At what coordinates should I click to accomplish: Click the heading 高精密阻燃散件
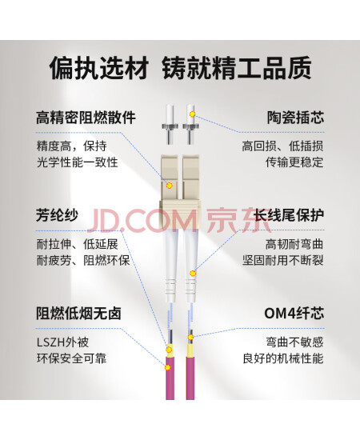[x=86, y=118]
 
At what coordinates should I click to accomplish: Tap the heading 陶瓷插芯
[x=295, y=118]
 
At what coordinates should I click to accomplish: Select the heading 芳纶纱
[x=57, y=215]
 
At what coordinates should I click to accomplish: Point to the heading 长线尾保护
[x=289, y=215]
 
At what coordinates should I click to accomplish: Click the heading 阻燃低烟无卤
[x=78, y=313]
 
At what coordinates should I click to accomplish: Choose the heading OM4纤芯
[x=294, y=313]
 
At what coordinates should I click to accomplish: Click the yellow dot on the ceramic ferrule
[x=192, y=114]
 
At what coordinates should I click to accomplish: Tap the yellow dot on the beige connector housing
[x=169, y=186]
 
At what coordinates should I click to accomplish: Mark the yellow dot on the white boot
[x=193, y=273]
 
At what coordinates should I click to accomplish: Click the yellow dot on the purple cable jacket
[x=167, y=367]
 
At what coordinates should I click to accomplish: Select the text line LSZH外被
[x=63, y=342]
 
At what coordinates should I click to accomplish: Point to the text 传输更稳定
[x=294, y=162]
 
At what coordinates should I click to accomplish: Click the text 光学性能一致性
[x=78, y=162]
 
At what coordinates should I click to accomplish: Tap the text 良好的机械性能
[x=283, y=358]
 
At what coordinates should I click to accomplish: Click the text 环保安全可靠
[x=71, y=358]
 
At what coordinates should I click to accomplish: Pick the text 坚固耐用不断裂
[x=283, y=260]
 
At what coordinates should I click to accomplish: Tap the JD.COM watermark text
[x=142, y=221]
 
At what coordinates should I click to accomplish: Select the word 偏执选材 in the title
[x=99, y=68]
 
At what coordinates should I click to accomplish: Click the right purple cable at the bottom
[x=190, y=378]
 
